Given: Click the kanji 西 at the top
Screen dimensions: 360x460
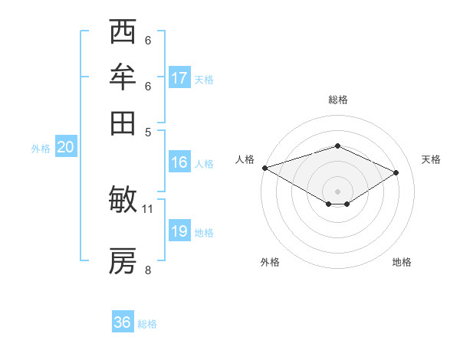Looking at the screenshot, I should pos(123,33).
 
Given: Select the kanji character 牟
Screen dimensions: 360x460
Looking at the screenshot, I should pos(123,77).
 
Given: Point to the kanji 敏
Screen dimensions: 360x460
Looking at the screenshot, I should pos(123,200).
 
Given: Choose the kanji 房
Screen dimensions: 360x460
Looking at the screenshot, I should pos(123,261).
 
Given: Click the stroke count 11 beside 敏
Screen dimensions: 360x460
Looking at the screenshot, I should pos(148,208).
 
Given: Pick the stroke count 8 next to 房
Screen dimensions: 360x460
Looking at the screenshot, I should pos(148,269).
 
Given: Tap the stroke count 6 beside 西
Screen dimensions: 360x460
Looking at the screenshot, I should pos(148,41).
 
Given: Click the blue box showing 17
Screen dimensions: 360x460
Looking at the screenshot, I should pos(179,77).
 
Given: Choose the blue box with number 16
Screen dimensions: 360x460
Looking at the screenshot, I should pos(179,162).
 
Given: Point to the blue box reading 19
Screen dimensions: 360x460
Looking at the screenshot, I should pos(179,231).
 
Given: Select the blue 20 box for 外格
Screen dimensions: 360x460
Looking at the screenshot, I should pos(65,147).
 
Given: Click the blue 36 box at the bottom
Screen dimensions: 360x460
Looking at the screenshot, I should pos(123,322).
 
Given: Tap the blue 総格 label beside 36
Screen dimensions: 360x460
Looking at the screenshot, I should pos(147,324).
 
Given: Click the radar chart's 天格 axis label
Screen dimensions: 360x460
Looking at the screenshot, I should pos(431,159).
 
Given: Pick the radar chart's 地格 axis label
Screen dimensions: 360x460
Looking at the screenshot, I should pos(402,262).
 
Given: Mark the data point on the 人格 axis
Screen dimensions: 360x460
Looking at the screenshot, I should pos(264,168).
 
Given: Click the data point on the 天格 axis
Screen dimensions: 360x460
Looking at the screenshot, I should pos(396,172).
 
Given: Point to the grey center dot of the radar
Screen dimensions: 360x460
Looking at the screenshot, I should pos(337,191).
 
